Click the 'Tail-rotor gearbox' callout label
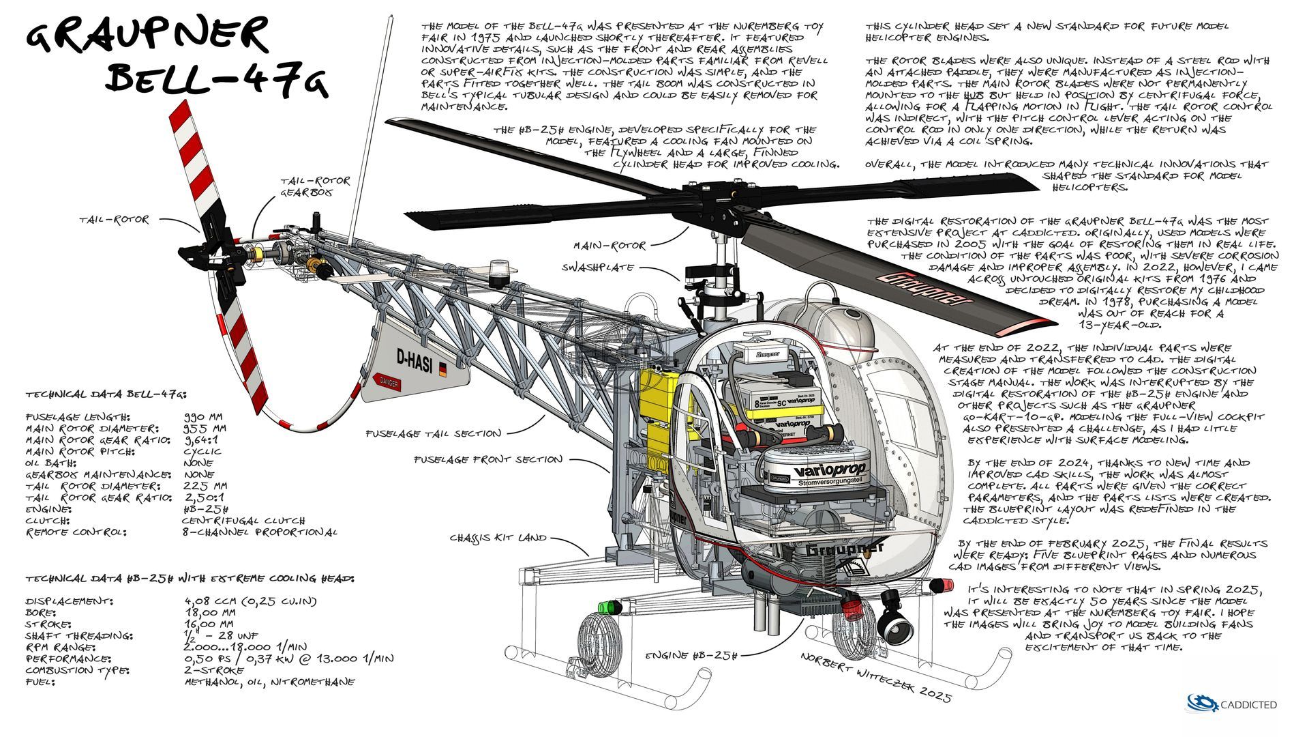[x=316, y=186]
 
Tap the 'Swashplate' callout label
[x=597, y=268]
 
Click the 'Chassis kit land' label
[x=498, y=538]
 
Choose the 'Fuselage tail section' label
[x=434, y=433]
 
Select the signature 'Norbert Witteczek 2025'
[x=875, y=676]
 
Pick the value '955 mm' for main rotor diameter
[x=205, y=428]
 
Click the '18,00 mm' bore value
[x=209, y=612]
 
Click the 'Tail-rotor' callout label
[x=113, y=220]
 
